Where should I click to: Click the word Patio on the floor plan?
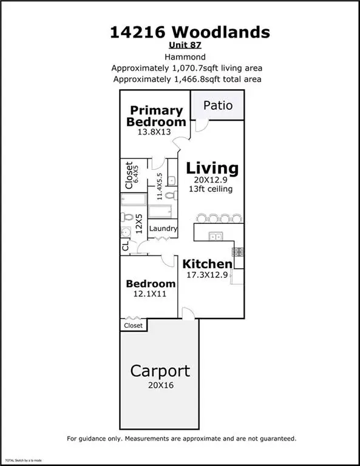pyautogui.click(x=218, y=105)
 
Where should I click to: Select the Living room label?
pyautogui.click(x=212, y=168)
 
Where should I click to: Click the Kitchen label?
pyautogui.click(x=208, y=264)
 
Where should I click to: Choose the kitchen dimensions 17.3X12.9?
pyautogui.click(x=208, y=275)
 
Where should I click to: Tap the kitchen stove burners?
pyautogui.click(x=237, y=251)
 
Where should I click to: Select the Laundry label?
pyautogui.click(x=163, y=229)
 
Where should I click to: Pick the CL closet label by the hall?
pyautogui.click(x=126, y=246)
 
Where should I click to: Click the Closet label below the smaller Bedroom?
pyautogui.click(x=133, y=326)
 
